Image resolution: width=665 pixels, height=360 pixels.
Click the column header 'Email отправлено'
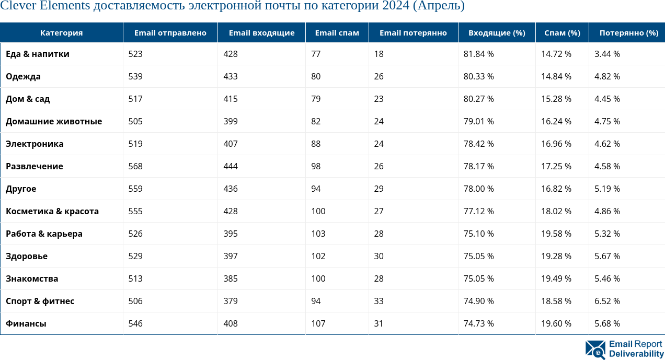(170, 32)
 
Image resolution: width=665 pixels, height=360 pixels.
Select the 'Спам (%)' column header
(562, 32)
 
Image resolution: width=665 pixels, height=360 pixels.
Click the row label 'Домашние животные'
(54, 121)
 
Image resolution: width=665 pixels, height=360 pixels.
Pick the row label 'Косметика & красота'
(52, 211)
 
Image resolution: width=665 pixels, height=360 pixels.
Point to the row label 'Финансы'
(26, 323)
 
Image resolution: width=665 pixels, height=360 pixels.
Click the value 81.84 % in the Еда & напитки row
(478, 54)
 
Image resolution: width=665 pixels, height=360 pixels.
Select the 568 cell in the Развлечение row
(135, 166)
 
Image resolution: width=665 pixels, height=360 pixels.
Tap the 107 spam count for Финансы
(318, 323)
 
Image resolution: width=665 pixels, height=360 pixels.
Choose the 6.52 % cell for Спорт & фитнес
(607, 301)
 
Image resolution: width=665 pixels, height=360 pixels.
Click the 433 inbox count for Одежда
(230, 76)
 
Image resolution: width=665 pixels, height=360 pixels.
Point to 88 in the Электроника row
(316, 144)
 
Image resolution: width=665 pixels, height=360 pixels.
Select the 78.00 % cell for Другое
(478, 189)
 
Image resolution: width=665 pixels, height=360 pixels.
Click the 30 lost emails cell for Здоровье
(379, 256)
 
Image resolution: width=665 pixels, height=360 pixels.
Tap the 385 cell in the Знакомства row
(230, 278)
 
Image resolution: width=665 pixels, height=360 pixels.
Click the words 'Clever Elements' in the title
(45, 6)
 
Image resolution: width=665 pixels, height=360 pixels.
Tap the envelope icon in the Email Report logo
(595, 350)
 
